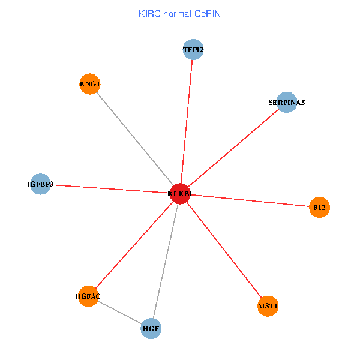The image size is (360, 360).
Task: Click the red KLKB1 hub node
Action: [x=180, y=193]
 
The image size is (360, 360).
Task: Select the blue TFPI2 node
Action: [x=193, y=49]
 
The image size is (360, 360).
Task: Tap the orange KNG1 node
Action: [x=89, y=84]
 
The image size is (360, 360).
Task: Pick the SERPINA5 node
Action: [x=287, y=103]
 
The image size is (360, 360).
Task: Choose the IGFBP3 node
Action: [x=40, y=184]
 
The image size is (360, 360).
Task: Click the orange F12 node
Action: [x=319, y=208]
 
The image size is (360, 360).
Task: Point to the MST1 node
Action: [x=268, y=307]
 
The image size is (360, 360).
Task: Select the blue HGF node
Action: [x=151, y=329]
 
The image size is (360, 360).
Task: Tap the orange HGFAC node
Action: [x=88, y=296]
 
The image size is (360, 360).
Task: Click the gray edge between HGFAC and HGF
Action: [x=120, y=313]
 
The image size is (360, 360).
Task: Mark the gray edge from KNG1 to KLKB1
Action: [x=134, y=139]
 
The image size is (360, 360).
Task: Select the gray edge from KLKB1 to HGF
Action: [x=166, y=261]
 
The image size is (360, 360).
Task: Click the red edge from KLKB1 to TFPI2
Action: [x=187, y=120]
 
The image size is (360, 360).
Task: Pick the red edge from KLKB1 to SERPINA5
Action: [x=233, y=148]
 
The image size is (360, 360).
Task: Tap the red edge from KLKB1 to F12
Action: [x=250, y=200]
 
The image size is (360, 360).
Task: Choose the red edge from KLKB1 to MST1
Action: [x=224, y=250]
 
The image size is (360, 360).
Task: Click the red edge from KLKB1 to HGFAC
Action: [x=134, y=245]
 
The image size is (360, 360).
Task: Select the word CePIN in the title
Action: [x=208, y=13]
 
